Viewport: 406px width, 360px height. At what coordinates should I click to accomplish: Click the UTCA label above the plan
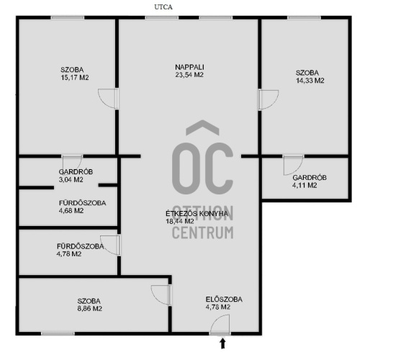(163, 7)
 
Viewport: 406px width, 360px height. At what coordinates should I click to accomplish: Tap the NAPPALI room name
(189, 67)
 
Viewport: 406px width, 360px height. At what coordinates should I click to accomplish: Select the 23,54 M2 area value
(189, 75)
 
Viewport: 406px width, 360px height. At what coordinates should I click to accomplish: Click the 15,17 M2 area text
(75, 78)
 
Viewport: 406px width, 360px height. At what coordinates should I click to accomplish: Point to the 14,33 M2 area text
(310, 81)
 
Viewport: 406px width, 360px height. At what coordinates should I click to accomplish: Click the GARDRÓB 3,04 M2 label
(76, 176)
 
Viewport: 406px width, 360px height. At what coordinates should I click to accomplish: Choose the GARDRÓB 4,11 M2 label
(310, 181)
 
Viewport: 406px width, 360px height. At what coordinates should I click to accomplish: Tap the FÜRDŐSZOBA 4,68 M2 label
(82, 207)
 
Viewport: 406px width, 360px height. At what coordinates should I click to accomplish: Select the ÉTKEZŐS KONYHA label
(197, 214)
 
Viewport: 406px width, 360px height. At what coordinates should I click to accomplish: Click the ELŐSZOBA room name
(224, 300)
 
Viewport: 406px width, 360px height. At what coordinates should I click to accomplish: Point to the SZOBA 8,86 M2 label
(89, 305)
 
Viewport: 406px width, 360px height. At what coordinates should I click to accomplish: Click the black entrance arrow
(222, 343)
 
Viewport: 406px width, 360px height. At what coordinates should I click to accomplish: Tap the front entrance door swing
(220, 324)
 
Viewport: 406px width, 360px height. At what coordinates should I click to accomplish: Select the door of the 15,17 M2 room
(108, 99)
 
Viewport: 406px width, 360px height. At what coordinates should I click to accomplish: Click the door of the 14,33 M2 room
(269, 99)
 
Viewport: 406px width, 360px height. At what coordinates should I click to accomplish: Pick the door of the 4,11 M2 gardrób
(293, 165)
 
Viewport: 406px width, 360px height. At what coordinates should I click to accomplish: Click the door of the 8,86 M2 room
(161, 295)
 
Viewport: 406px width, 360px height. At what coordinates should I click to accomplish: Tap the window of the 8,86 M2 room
(58, 333)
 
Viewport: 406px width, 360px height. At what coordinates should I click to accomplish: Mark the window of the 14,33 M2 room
(304, 17)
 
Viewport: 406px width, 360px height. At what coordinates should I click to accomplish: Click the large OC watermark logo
(202, 157)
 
